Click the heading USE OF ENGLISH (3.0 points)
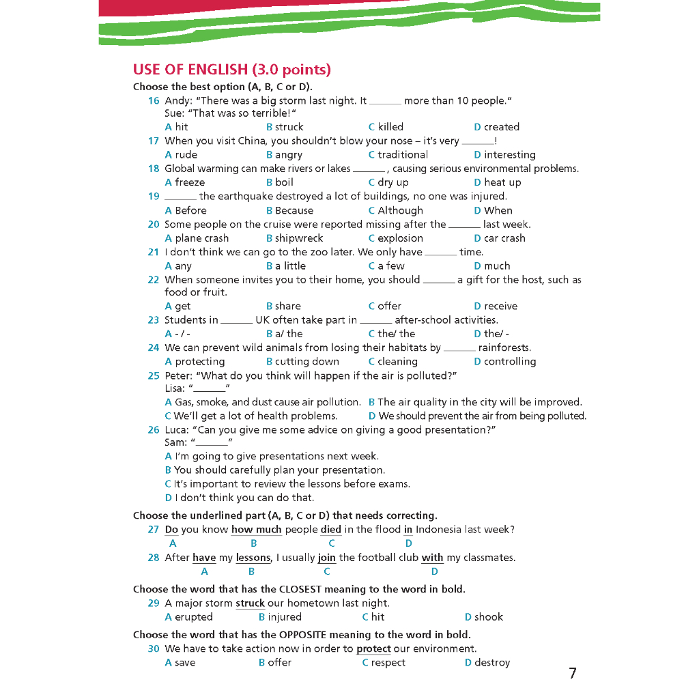tap(231, 70)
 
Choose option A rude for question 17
tap(181, 155)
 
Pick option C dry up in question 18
tap(388, 182)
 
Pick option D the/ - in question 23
tap(491, 334)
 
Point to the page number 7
tap(572, 674)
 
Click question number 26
tap(154, 430)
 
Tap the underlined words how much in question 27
tap(257, 530)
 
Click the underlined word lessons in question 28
tap(253, 558)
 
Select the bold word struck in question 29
tap(250, 603)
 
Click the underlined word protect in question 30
tap(373, 649)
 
